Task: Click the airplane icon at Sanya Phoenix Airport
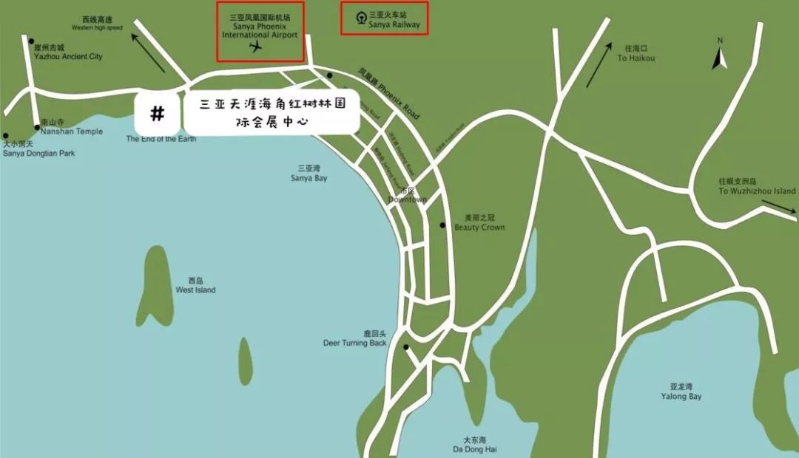click(256, 47)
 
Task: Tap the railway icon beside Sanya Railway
click(361, 18)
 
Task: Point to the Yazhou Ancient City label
click(67, 52)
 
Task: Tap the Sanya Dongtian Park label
click(38, 149)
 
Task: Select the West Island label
click(195, 286)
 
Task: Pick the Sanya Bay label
click(309, 174)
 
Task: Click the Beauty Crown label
click(479, 223)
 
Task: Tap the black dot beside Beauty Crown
click(442, 225)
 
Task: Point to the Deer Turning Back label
click(355, 338)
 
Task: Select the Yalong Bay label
click(681, 392)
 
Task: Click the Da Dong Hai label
click(480, 444)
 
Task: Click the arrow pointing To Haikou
click(599, 64)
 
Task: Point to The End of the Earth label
click(161, 138)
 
